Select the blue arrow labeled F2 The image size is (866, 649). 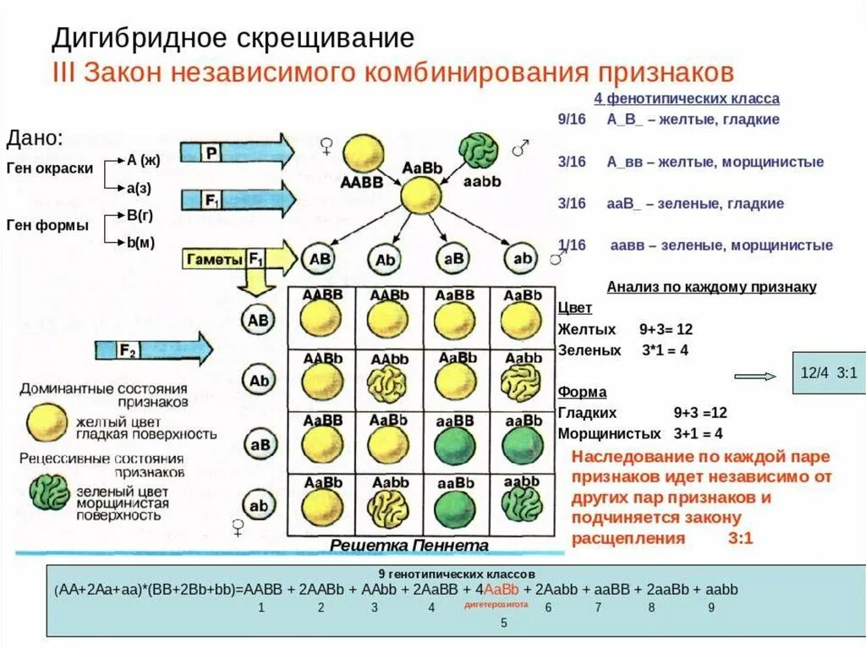pos(153,349)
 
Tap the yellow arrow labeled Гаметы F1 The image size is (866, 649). pos(237,260)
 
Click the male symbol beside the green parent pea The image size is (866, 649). pos(521,149)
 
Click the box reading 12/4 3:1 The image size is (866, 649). pos(828,372)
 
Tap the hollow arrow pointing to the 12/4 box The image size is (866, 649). pos(754,376)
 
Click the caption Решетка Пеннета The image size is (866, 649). pos(409,546)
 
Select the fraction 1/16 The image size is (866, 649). pos(572,245)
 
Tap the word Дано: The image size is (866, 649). pos(35,138)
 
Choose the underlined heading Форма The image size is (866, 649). pos(580,393)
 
